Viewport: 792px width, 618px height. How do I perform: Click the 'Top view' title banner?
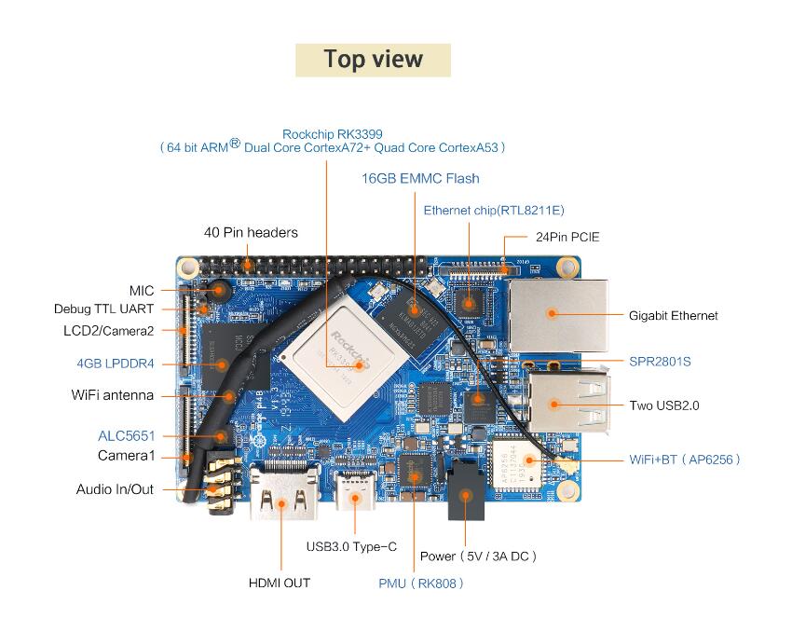tap(373, 61)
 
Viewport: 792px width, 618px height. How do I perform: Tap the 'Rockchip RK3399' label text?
tap(333, 134)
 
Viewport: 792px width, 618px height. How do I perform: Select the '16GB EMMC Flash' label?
tap(420, 178)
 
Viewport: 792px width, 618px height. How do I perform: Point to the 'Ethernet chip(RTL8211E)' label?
tap(494, 211)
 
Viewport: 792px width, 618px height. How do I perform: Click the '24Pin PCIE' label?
tap(567, 237)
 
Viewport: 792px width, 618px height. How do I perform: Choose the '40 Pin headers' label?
tap(251, 232)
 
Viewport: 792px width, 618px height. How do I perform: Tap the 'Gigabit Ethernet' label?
tap(674, 316)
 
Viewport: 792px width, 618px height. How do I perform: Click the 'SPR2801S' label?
tap(660, 362)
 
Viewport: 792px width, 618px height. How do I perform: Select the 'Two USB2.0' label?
tap(664, 405)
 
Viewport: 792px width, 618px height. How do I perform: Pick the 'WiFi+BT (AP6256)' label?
tap(685, 460)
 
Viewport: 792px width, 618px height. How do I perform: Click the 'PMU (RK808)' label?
tap(421, 584)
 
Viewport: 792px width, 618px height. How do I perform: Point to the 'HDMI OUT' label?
tap(280, 584)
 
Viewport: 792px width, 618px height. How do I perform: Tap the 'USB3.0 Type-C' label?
tap(351, 547)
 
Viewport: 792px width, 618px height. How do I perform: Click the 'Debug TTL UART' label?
tap(103, 309)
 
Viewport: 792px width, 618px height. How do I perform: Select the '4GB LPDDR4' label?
tap(116, 364)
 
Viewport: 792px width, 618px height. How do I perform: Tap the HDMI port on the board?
tap(284, 492)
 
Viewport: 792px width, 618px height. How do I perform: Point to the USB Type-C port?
tap(355, 490)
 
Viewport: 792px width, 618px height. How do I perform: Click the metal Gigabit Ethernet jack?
tap(559, 315)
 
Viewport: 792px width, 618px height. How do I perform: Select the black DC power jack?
tap(466, 489)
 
